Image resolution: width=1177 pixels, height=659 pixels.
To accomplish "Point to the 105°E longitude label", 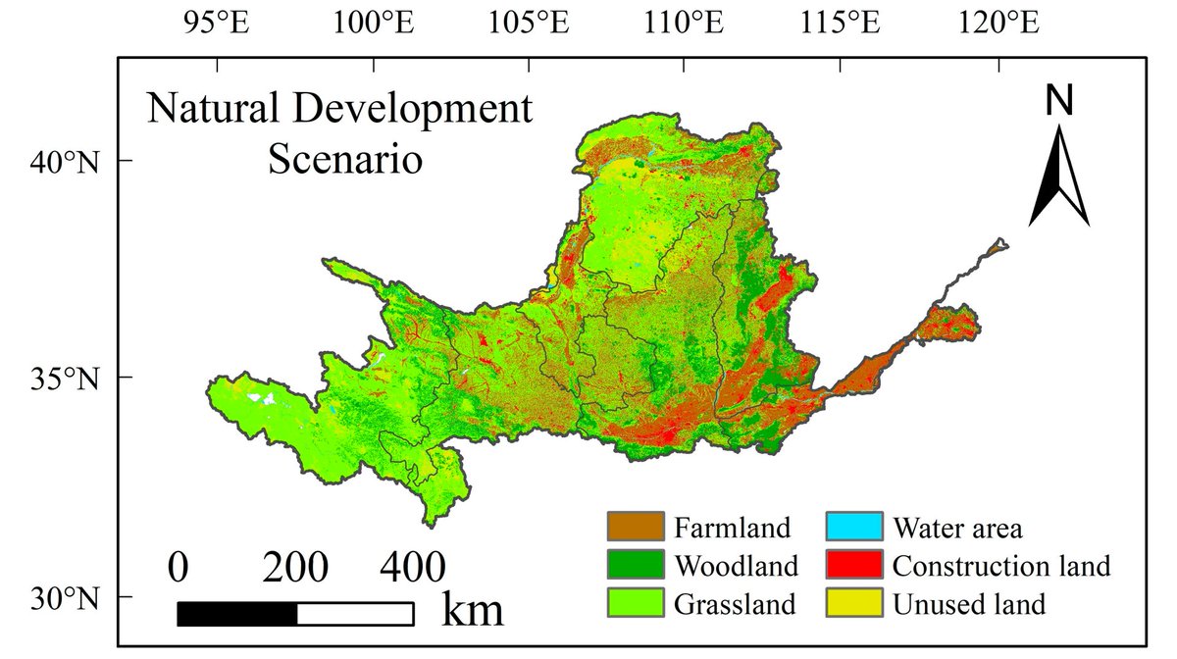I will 533,24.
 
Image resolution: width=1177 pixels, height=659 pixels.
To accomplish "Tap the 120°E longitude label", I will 999,24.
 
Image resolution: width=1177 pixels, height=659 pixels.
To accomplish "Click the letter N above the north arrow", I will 1059,100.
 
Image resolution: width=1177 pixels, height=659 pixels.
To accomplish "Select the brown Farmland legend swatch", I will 635,528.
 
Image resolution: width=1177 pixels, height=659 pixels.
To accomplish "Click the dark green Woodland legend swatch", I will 635,565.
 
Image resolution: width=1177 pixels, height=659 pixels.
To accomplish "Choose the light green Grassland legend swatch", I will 635,602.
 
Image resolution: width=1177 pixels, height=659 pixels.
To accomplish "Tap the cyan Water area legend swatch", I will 854,528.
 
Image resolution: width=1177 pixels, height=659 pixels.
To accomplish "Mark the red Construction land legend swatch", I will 854,565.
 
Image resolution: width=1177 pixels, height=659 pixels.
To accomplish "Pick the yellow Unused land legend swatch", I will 854,602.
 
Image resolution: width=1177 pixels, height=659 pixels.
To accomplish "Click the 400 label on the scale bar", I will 412,568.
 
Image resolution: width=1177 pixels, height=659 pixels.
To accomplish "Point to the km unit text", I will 474,609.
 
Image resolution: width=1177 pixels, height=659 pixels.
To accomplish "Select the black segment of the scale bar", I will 237,614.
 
